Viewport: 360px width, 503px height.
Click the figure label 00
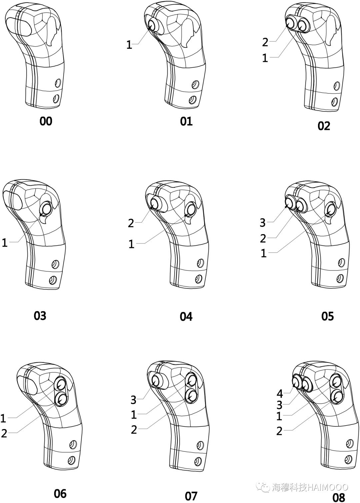point(46,121)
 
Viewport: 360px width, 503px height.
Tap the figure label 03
point(40,316)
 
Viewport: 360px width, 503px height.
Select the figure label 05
point(327,316)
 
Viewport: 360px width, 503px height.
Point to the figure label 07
point(191,496)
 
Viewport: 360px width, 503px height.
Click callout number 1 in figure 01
point(129,45)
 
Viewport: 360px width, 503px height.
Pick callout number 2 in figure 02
point(265,42)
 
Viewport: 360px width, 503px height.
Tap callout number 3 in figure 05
point(262,223)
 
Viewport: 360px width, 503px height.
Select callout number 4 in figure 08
point(280,393)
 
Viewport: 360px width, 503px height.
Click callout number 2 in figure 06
point(4,433)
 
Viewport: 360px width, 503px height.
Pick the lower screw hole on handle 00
point(56,98)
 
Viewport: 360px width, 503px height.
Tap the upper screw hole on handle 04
point(200,263)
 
